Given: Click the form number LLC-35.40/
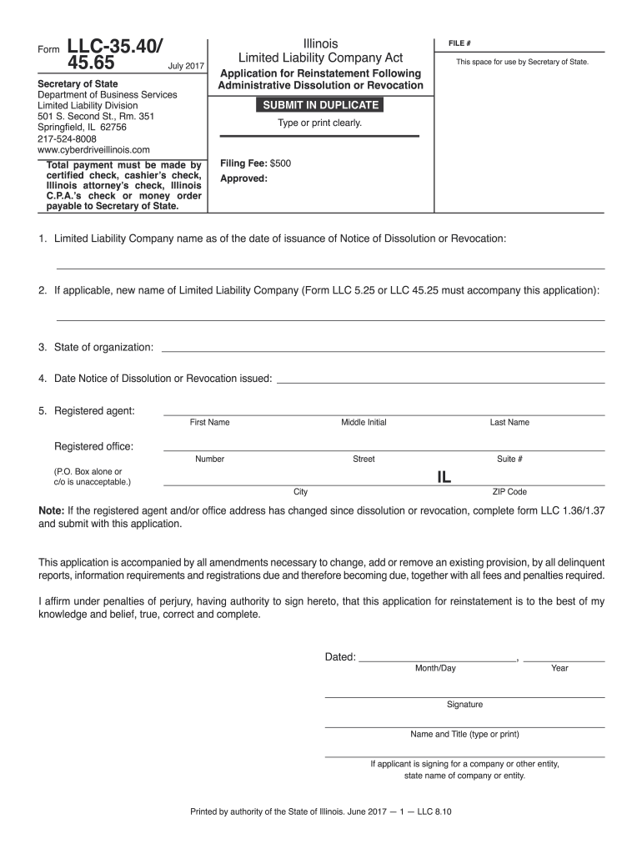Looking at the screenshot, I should (115, 46).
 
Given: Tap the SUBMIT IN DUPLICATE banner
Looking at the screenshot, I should (321, 105).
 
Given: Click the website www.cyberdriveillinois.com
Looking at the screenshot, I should (94, 150).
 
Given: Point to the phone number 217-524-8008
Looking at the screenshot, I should (68, 139).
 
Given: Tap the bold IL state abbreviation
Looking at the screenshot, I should (444, 477).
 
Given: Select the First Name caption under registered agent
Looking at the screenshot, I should (209, 423).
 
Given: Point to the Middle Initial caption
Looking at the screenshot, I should (364, 423).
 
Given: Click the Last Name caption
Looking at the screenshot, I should (509, 423).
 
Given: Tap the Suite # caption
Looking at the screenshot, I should (509, 460).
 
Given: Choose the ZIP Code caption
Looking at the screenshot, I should (509, 492).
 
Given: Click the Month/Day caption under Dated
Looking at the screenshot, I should (436, 668).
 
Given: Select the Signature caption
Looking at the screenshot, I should (464, 705).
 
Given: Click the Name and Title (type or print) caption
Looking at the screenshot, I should (464, 735).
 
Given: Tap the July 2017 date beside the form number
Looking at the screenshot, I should (186, 65).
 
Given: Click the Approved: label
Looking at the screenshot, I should (243, 178).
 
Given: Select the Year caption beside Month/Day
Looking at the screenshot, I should (559, 668).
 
